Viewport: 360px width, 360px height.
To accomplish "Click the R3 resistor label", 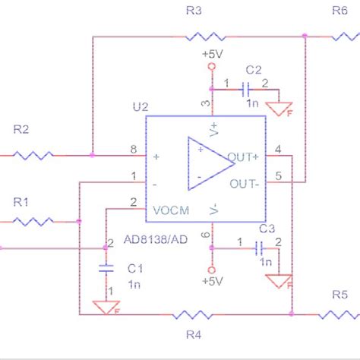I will click(194, 10).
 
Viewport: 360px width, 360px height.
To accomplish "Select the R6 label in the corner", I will click(339, 10).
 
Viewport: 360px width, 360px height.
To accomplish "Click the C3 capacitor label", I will click(267, 228).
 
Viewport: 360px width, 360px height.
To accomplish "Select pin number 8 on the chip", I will click(134, 150).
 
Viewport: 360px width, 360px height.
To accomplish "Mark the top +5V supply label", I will click(213, 54).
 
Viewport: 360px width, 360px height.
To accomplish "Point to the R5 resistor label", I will click(339, 295).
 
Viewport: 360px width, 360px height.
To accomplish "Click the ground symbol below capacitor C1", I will click(106, 306).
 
